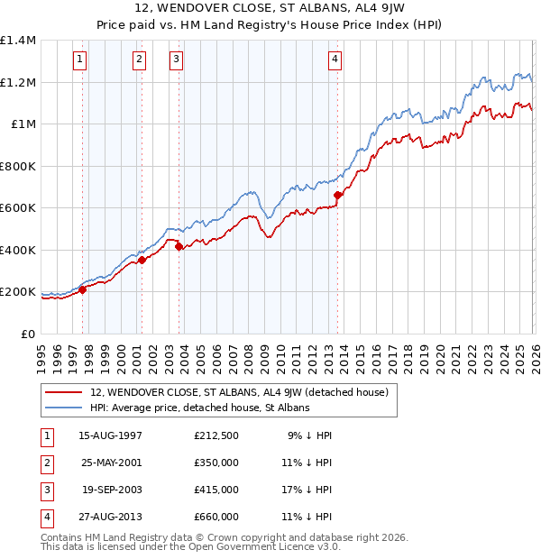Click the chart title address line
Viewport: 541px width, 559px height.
(x=270, y=8)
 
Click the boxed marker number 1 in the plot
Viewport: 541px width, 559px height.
(x=80, y=60)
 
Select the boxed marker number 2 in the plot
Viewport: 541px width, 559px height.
(x=140, y=60)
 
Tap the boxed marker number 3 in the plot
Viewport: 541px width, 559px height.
(x=175, y=60)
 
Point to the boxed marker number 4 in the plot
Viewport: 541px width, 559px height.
(x=335, y=60)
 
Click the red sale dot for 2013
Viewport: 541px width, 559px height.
(x=338, y=195)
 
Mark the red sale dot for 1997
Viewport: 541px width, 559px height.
(x=82, y=289)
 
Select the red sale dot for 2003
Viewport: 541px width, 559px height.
(x=179, y=246)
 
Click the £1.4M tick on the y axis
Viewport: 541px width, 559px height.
(x=18, y=41)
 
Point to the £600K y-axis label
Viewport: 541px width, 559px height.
(x=18, y=208)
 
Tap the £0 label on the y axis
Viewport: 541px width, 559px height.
(x=28, y=334)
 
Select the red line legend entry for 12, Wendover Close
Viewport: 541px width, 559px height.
(x=239, y=392)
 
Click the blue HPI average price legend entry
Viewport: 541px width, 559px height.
(x=199, y=408)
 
